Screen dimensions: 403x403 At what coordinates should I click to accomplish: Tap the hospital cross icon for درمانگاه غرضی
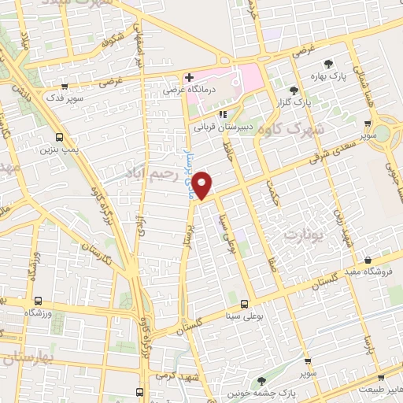(x=189, y=78)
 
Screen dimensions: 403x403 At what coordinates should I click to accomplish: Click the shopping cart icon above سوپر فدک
(x=65, y=87)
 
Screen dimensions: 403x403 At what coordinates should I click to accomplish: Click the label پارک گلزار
(x=295, y=102)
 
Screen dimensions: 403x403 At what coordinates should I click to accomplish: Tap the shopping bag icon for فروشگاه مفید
(x=368, y=261)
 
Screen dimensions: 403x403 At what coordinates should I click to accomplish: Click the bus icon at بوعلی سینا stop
(x=245, y=303)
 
